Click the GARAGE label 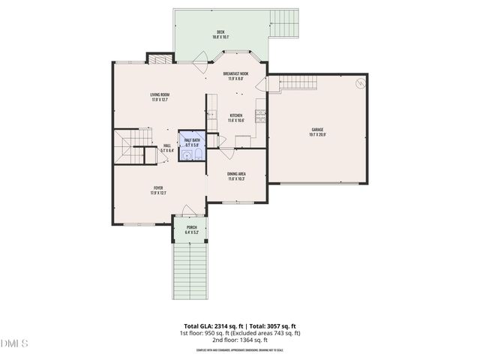(x=318, y=130)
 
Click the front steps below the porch (x=192, y=269)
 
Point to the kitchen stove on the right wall (x=260, y=115)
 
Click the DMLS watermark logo (x=14, y=343)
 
